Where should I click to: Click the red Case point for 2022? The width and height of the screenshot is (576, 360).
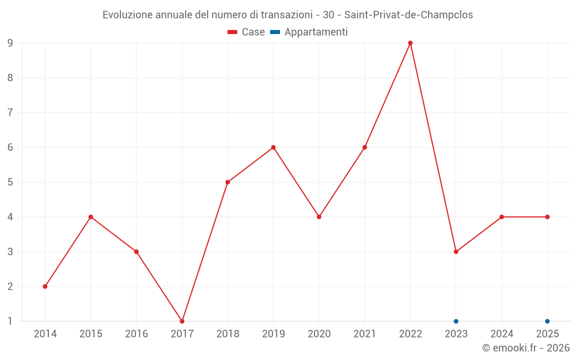410,43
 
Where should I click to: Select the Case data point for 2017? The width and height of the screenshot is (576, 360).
182,321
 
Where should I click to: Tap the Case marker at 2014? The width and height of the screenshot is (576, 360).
45,286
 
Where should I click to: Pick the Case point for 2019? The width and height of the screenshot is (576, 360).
273,147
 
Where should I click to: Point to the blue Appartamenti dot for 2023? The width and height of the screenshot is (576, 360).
456,321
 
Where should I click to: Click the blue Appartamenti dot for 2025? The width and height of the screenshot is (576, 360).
547,321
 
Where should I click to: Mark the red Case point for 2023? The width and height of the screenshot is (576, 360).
456,252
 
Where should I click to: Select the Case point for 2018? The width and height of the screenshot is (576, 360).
228,182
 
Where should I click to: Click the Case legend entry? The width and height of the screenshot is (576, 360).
247,32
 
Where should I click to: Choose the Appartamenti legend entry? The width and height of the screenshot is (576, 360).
310,32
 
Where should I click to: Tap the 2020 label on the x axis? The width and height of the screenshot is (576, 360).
319,334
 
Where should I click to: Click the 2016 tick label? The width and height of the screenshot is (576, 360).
137,334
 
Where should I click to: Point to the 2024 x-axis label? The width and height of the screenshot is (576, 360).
502,334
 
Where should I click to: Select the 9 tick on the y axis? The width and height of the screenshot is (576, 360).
10,43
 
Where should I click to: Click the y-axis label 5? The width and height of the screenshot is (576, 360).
10,182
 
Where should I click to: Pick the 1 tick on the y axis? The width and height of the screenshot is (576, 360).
10,321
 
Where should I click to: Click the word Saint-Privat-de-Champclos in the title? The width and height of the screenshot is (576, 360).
408,15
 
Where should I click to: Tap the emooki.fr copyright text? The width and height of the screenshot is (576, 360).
526,348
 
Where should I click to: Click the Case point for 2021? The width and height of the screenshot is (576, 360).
365,147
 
